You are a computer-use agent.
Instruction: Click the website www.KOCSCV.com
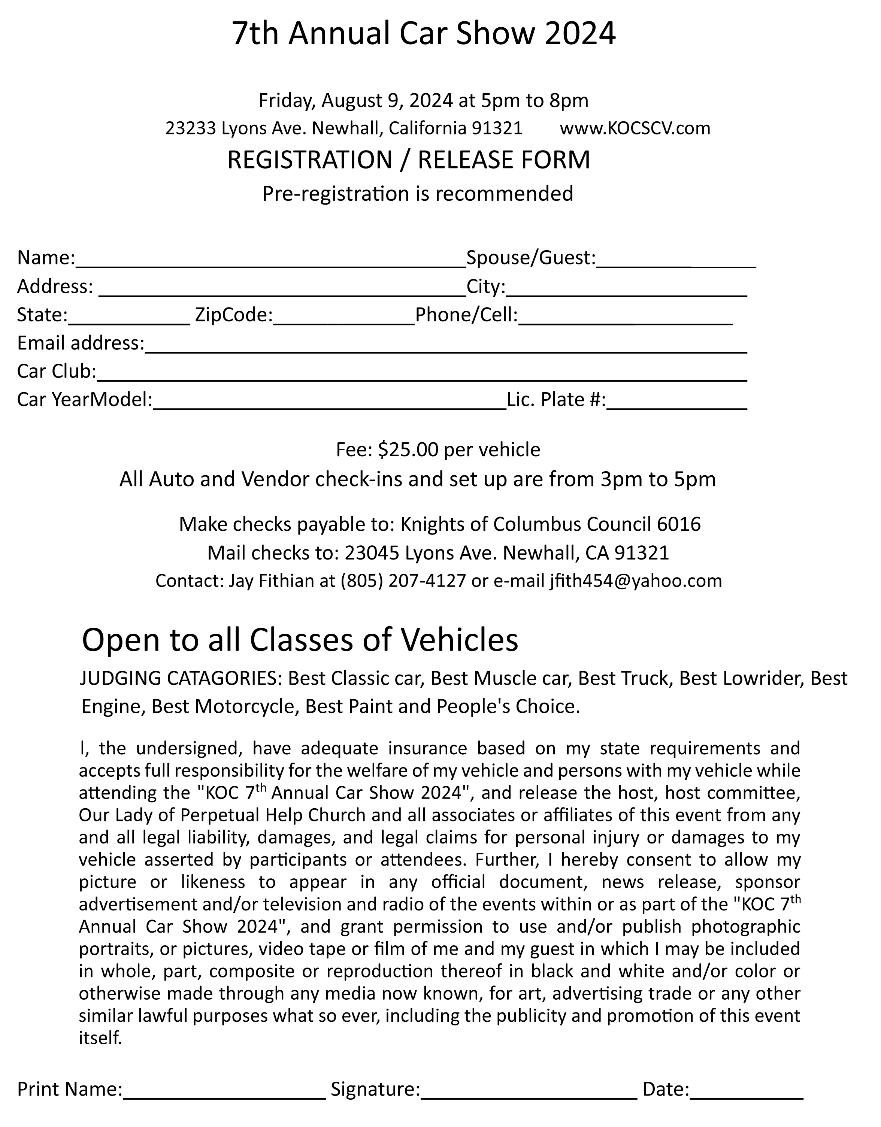tap(635, 128)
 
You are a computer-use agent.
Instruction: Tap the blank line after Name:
tap(271, 261)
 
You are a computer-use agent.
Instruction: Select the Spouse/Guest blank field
tap(676, 261)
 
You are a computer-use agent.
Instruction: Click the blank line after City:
tap(627, 289)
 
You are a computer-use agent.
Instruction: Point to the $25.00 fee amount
tap(408, 450)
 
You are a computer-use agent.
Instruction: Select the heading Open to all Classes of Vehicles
tap(300, 640)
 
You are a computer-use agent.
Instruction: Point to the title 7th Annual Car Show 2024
tap(423, 34)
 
